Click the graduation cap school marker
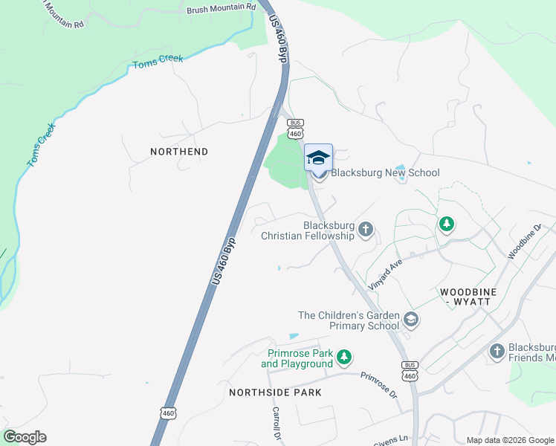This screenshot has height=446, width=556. [318, 158]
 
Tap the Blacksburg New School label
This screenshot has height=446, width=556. [385, 173]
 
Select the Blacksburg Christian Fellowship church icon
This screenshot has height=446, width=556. [365, 229]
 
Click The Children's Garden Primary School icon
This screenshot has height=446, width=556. [410, 320]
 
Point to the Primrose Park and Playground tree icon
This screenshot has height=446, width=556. [343, 358]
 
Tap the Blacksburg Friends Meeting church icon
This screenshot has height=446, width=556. [497, 350]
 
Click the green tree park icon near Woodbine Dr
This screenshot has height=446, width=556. [446, 223]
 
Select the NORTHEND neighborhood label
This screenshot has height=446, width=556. [179, 152]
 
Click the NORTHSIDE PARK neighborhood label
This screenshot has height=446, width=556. [275, 392]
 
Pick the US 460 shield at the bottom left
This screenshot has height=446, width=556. [169, 412]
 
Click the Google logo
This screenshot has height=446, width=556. [25, 437]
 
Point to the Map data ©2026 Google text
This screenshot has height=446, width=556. [509, 440]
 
